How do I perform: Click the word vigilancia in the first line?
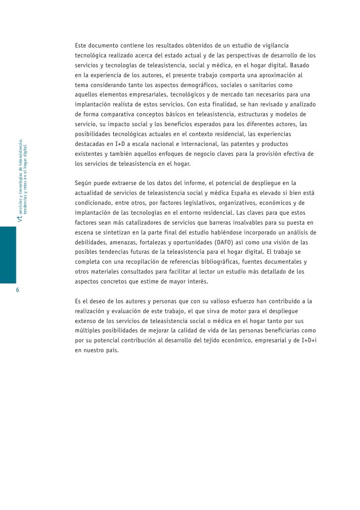coord(274,46)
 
